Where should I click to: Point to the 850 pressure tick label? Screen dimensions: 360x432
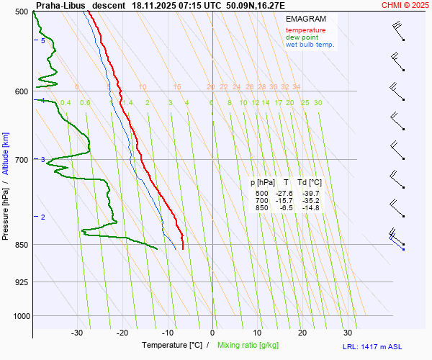[x=21, y=245]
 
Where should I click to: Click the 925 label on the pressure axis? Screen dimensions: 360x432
[x=21, y=282]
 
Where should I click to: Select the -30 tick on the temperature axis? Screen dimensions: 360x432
[x=77, y=333]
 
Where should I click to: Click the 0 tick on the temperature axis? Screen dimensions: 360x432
[x=212, y=333]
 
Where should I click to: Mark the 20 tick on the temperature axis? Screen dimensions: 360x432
[x=302, y=333]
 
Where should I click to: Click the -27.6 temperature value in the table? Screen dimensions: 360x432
[x=285, y=194]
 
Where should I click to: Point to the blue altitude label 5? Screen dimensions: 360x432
[x=43, y=41]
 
